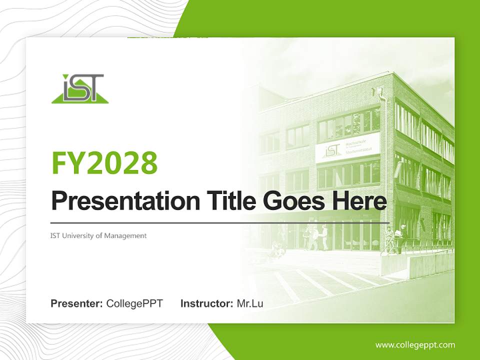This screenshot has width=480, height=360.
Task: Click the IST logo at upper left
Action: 80,89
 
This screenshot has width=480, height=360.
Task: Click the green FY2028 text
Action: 104,162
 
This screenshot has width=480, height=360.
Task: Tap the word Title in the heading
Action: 229,201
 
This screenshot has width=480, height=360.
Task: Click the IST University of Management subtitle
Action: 98,235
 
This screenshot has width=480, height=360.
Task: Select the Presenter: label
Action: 77,303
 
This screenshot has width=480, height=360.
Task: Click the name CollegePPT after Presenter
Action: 134,303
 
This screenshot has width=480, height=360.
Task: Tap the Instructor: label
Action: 206,303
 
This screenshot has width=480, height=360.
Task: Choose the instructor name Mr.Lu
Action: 250,303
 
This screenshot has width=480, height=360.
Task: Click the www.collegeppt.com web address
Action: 415,344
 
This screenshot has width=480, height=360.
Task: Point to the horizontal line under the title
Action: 220,222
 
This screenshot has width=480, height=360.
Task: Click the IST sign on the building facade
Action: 333,150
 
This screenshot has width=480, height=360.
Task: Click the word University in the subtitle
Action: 78,235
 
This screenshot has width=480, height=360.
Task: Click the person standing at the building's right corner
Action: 401,237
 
